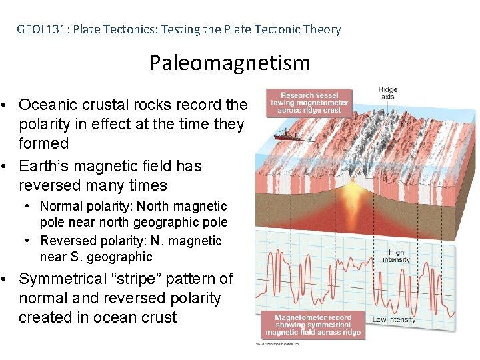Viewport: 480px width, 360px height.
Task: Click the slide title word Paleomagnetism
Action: [229, 63]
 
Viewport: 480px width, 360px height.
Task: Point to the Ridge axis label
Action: [387, 93]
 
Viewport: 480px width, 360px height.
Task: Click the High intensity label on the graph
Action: [397, 257]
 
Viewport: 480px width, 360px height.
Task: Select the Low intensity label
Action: [394, 319]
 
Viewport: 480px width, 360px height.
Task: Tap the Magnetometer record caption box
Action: [313, 325]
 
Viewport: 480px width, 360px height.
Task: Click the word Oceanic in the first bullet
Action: [47, 105]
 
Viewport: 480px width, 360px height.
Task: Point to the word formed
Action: [43, 143]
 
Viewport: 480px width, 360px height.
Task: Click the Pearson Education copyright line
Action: [277, 344]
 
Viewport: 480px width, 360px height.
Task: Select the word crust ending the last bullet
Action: [157, 317]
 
